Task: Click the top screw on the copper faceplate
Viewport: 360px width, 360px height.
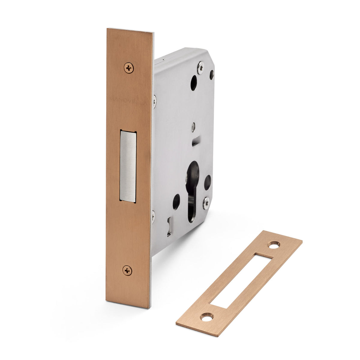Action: point(129,68)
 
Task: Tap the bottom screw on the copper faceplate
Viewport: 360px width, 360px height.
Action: point(127,270)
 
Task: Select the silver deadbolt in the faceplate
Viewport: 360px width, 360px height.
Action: point(128,166)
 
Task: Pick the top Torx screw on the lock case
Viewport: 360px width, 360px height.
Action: point(200,67)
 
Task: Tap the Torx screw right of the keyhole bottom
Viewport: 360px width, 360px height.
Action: point(206,203)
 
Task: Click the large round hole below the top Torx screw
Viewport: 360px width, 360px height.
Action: point(193,83)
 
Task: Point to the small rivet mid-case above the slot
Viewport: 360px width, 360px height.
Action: point(194,126)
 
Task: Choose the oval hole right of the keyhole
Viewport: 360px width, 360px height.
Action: point(207,182)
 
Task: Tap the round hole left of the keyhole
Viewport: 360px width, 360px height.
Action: point(176,202)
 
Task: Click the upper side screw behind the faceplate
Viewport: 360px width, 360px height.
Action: point(154,101)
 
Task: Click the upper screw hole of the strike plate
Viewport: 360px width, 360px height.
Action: point(274,244)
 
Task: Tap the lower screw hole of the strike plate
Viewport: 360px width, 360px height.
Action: point(207,316)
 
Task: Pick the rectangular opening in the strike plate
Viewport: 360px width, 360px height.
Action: point(240,280)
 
